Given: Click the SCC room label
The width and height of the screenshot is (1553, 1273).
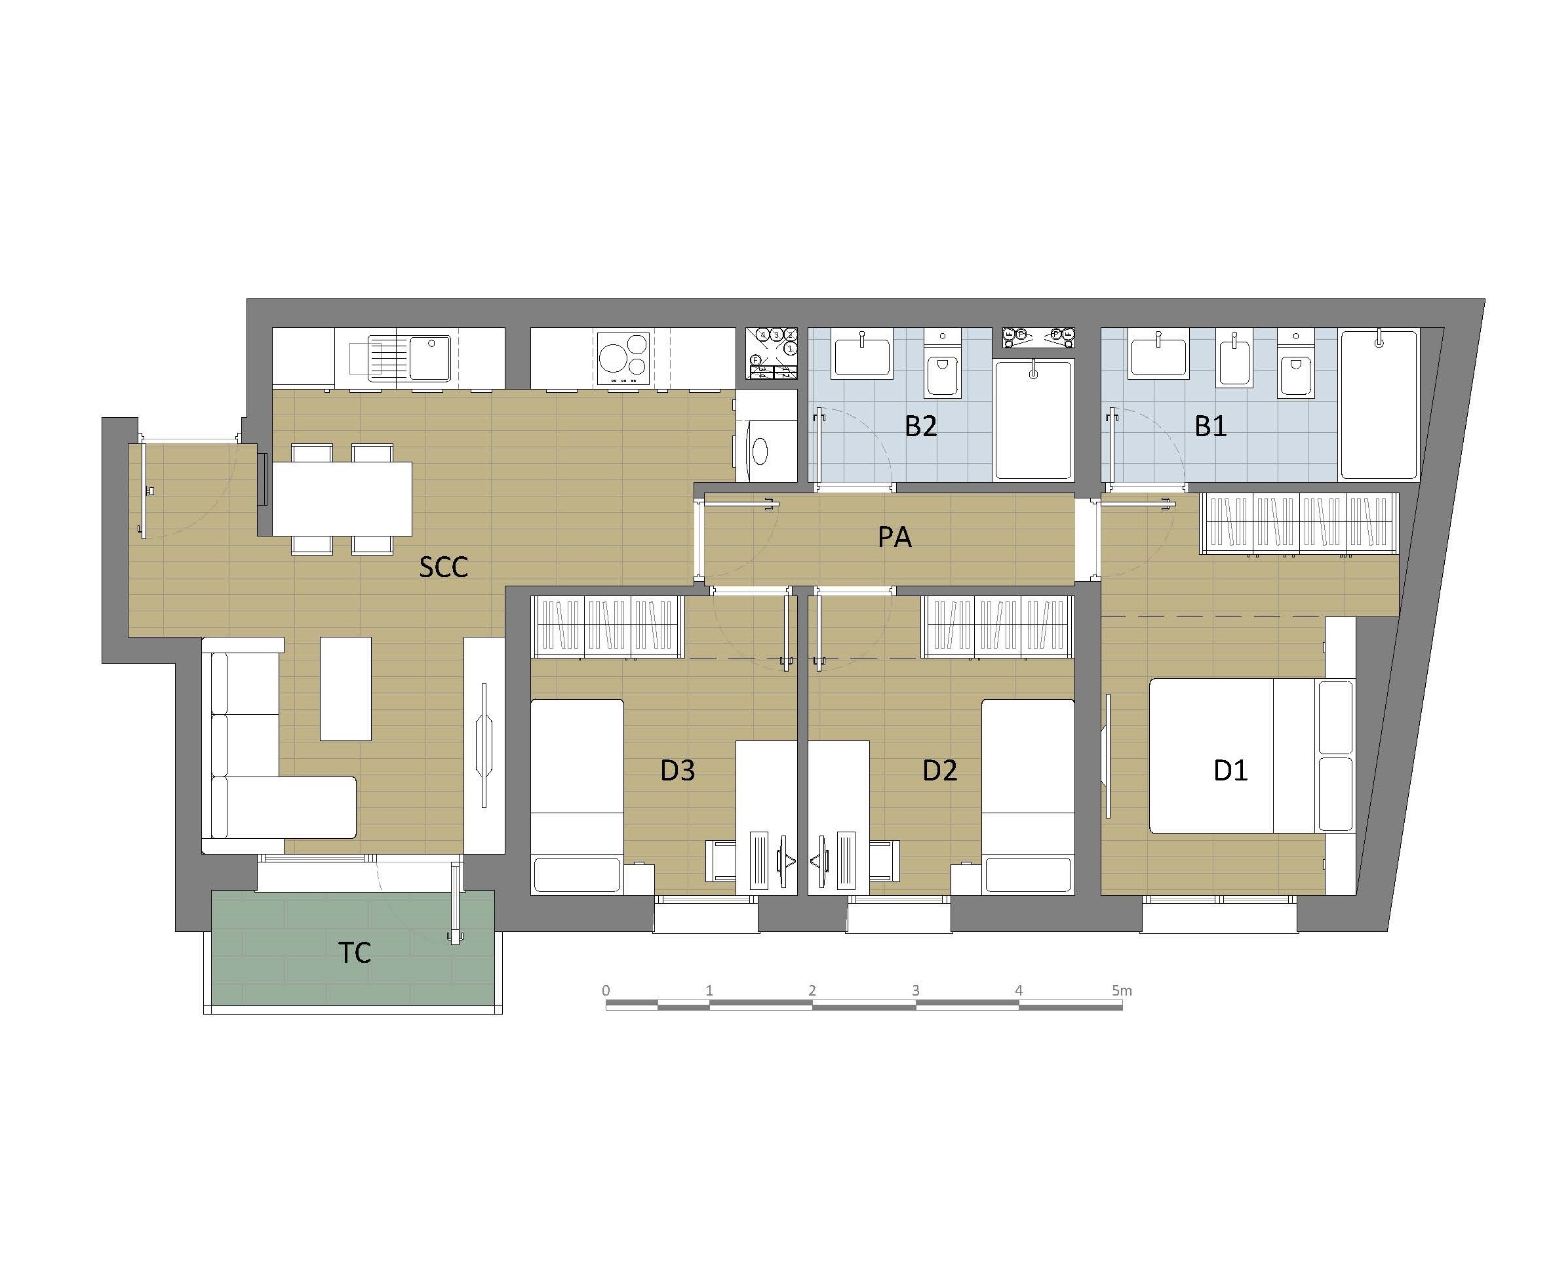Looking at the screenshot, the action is click(443, 567).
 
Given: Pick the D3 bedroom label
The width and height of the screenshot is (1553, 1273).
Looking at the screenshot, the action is click(677, 770).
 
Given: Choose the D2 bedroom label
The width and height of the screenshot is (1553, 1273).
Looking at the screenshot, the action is click(939, 770).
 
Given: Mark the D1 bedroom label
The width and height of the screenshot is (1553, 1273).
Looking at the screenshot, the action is click(1230, 770).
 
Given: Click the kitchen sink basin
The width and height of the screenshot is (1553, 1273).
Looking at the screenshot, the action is click(429, 358).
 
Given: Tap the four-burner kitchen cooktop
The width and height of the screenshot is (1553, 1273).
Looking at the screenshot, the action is click(623, 359).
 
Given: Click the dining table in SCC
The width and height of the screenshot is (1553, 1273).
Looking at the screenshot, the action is click(342, 498).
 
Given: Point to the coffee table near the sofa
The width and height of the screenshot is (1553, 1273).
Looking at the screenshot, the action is click(345, 689).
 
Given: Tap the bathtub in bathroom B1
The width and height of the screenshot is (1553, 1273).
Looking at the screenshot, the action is click(1379, 405).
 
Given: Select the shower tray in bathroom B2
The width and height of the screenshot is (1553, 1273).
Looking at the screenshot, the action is click(1033, 420).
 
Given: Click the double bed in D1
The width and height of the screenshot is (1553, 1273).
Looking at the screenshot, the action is click(1250, 756).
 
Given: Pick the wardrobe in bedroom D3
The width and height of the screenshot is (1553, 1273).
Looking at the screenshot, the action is click(608, 627).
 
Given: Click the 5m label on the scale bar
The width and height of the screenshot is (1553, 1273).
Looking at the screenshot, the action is click(1122, 991).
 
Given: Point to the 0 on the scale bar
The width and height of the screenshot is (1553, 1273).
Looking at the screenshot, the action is click(605, 991).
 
